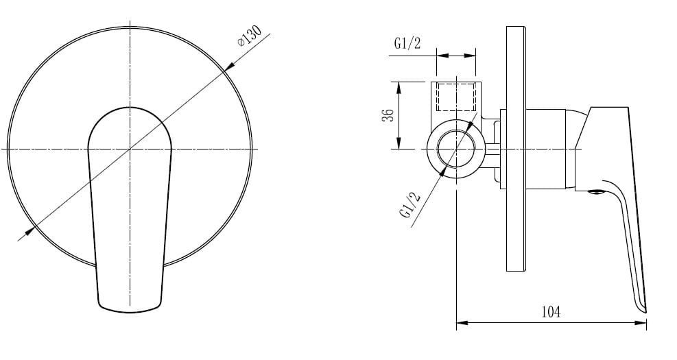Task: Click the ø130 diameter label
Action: (x=250, y=36)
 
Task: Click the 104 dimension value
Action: (x=551, y=311)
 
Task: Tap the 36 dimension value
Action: (x=388, y=115)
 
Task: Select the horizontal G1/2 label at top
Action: (x=407, y=43)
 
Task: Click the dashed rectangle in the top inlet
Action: (x=456, y=97)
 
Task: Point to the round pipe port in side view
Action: (x=456, y=149)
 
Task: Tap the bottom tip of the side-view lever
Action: (x=645, y=311)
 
